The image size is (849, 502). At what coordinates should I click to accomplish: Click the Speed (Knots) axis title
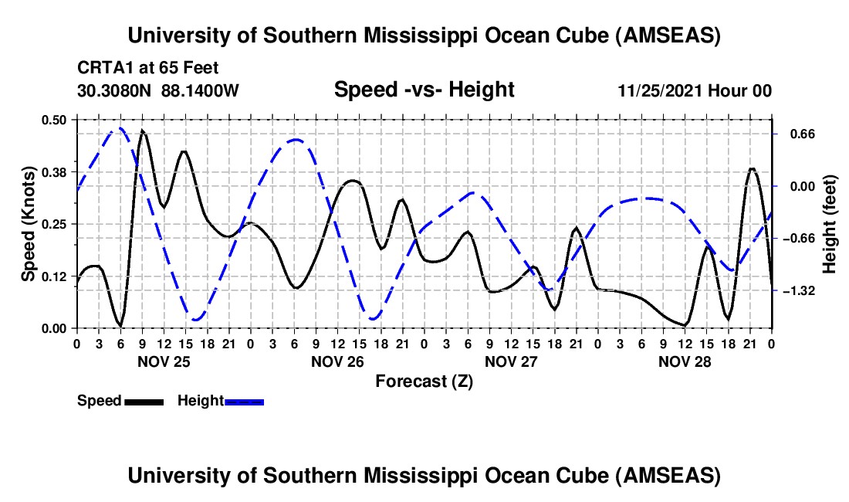click(x=28, y=223)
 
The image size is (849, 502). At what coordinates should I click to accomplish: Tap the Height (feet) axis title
click(x=830, y=224)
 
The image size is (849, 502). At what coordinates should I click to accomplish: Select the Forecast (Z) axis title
click(x=424, y=381)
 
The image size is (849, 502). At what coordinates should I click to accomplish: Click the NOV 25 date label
click(x=164, y=361)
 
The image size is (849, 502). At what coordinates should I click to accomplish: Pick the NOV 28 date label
click(x=685, y=361)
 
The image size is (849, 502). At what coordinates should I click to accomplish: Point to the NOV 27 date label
click(x=511, y=361)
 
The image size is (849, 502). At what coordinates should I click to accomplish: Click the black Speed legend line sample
click(x=144, y=401)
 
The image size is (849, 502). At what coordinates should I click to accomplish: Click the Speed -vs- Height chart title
click(x=424, y=90)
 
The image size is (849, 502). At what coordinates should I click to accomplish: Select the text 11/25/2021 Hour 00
click(x=695, y=91)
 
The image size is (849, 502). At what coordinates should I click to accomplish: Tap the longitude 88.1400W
click(x=200, y=91)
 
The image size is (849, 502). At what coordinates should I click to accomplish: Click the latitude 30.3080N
click(x=116, y=91)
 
